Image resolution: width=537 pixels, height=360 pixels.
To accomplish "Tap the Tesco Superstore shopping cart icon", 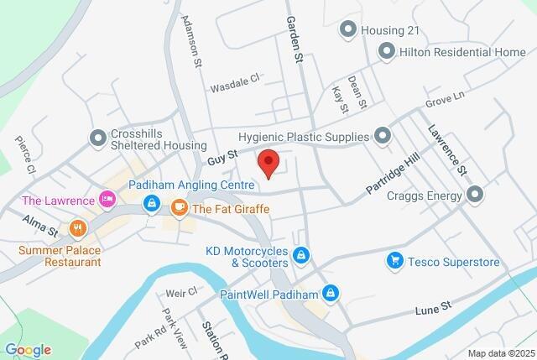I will [x=394, y=262].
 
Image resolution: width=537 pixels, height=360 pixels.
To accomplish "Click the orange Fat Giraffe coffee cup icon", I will [x=179, y=206].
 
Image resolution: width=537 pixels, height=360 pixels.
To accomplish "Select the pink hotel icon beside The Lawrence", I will [x=107, y=200].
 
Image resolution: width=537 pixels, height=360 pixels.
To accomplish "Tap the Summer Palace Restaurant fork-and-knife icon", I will [x=78, y=227].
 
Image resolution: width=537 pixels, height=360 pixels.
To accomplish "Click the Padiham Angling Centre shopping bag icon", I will [x=151, y=203].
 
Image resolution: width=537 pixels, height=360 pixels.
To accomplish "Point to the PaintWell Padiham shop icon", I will [x=331, y=293].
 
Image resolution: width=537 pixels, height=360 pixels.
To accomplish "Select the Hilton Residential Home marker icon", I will [x=386, y=52].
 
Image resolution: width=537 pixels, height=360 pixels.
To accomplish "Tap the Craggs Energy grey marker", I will [x=476, y=196].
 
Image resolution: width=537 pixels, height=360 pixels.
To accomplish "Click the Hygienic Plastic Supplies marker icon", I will [x=383, y=136].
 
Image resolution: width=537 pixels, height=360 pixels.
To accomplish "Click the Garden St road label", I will [x=294, y=40].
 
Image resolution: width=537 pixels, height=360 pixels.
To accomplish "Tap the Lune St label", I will [x=433, y=310].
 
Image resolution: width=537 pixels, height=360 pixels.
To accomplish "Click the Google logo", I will [x=28, y=350].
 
